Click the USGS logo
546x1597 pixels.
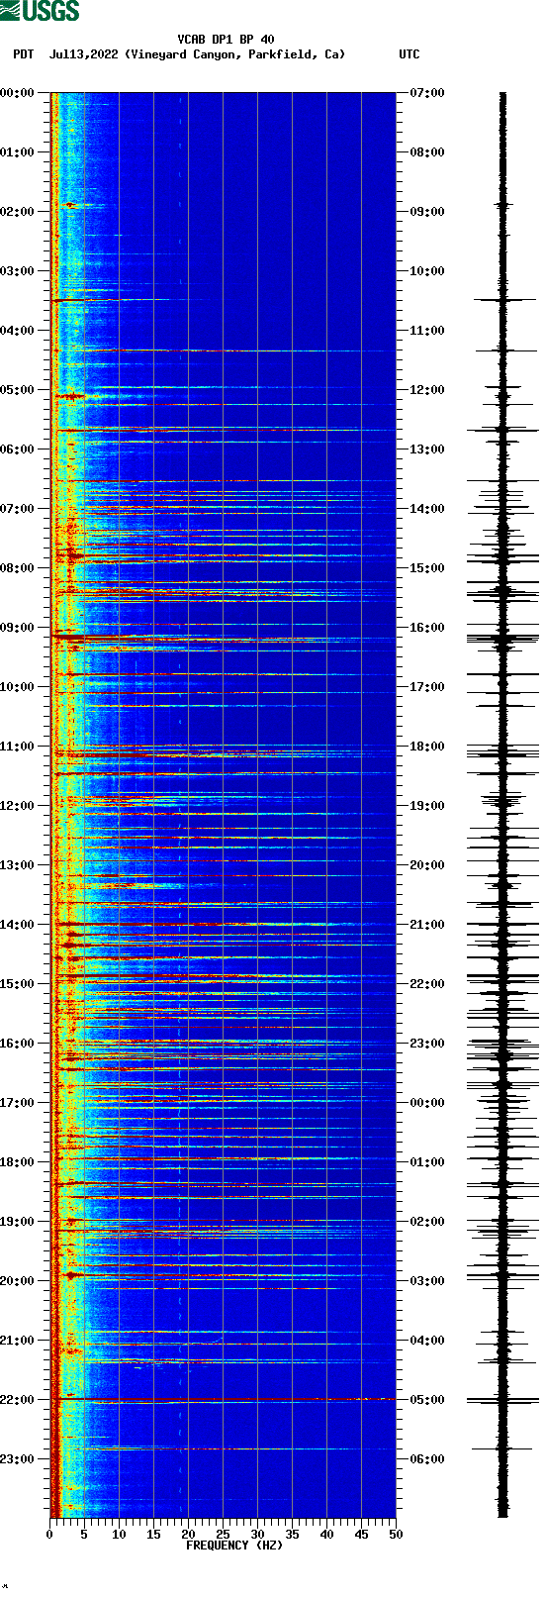click(x=40, y=11)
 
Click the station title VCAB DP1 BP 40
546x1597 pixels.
click(x=226, y=40)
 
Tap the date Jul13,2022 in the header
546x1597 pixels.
click(x=85, y=54)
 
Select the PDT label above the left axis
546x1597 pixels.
click(x=23, y=54)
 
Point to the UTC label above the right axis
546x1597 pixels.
click(x=409, y=54)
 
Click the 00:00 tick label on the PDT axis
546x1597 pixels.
click(x=17, y=93)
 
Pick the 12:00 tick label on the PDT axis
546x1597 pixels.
click(x=17, y=806)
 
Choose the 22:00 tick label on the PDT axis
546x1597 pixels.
click(x=17, y=1400)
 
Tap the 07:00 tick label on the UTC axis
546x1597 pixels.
click(x=427, y=93)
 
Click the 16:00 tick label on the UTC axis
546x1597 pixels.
click(x=427, y=628)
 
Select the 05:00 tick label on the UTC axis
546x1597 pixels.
click(x=427, y=1400)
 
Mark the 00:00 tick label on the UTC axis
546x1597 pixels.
click(x=427, y=1103)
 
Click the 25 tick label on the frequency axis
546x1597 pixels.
click(x=223, y=1535)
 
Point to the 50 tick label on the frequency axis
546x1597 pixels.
click(x=396, y=1535)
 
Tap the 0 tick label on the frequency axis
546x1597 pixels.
click(x=49, y=1535)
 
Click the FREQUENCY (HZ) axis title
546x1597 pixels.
click(x=234, y=1546)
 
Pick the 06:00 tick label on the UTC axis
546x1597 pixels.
click(x=427, y=1459)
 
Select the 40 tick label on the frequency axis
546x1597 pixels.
click(x=326, y=1535)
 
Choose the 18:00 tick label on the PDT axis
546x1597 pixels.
click(x=17, y=1162)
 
